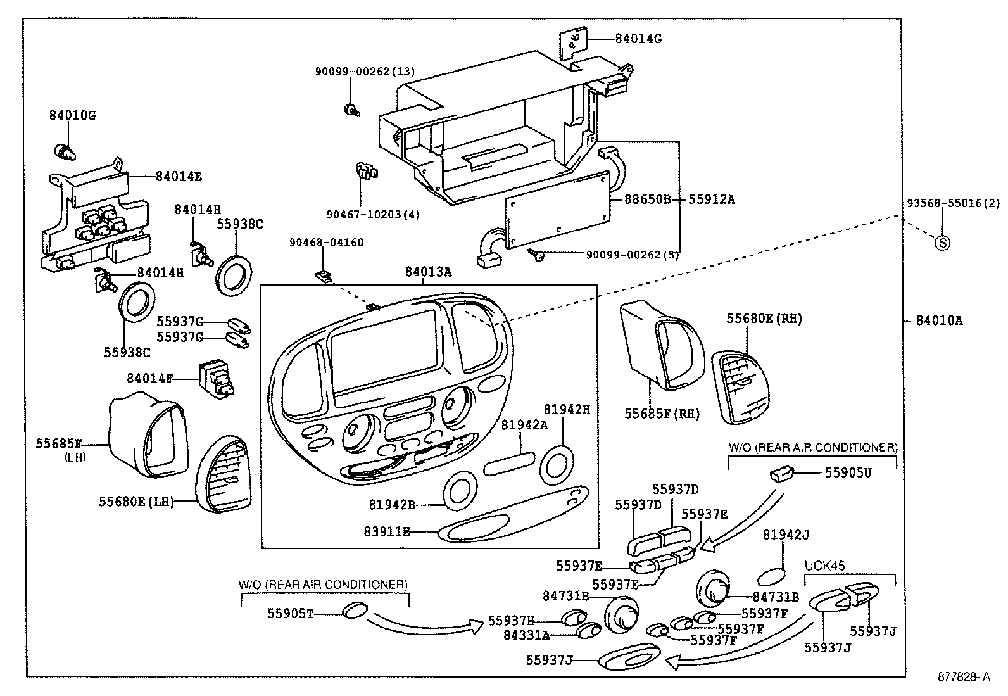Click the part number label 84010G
pos(72,116)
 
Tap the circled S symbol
pos(942,242)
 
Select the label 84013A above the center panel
pos(429,272)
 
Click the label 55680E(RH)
pos(764,319)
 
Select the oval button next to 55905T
pos(355,611)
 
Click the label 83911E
pos(386,531)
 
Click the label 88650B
pos(647,199)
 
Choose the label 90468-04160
pos(327,243)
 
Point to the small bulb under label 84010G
pos(63,151)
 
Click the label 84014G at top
pos(638,38)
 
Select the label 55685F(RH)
pos(662,414)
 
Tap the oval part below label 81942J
pos(771,576)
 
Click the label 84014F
pos(150,378)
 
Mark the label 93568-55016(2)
pos(952,203)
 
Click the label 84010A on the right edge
pos(939,320)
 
